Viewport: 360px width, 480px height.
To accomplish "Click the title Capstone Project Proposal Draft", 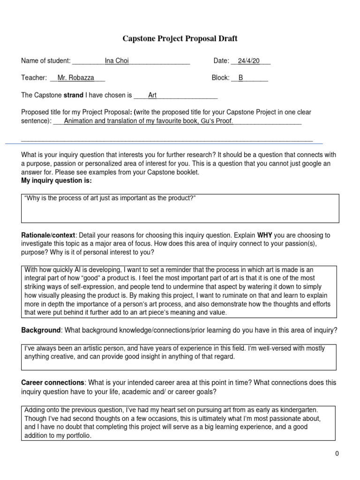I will click(180, 39).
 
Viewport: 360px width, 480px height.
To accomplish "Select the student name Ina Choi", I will click(117, 61).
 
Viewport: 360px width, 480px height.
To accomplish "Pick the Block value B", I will click(241, 78).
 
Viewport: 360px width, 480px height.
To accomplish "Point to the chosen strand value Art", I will click(152, 95).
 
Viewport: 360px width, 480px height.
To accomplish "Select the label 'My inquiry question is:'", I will click(57, 180).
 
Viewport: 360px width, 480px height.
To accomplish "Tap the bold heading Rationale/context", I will click(48, 235).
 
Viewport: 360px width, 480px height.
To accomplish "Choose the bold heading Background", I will click(41, 330).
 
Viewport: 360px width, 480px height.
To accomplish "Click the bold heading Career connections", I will click(53, 383).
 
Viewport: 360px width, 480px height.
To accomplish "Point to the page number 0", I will click(337, 453).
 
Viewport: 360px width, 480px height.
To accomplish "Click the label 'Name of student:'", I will click(46, 61).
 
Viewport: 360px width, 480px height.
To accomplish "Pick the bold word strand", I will click(73, 95).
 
